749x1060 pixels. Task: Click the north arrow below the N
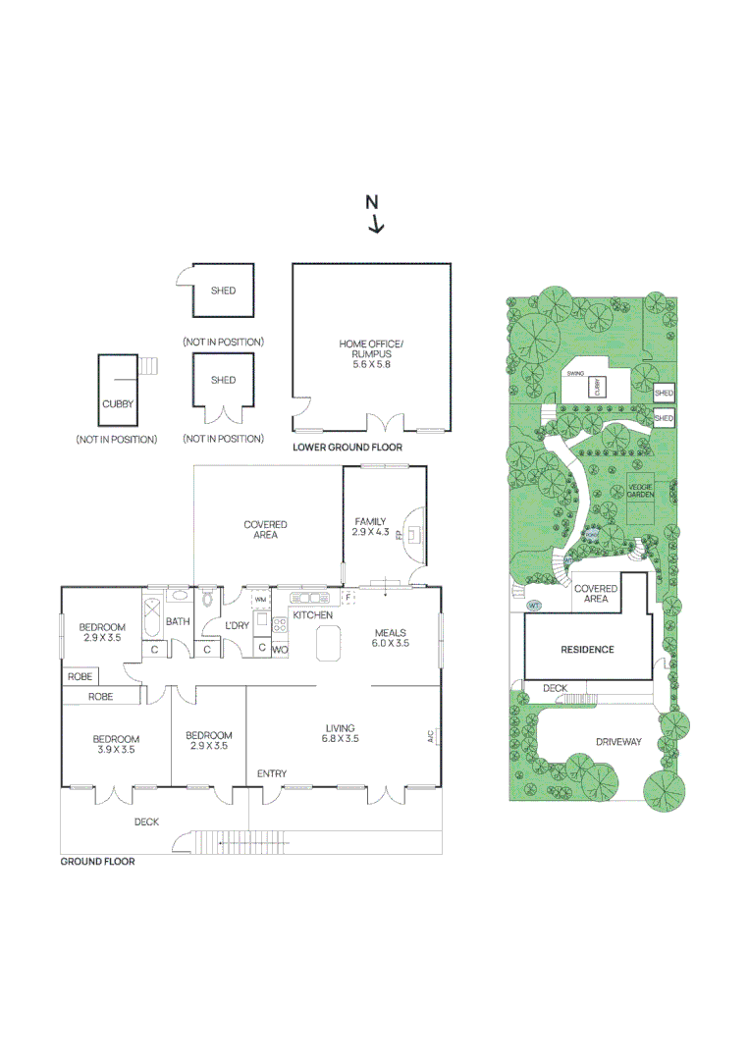click(376, 224)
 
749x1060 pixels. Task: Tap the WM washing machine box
click(260, 599)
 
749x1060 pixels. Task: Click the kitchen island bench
click(327, 645)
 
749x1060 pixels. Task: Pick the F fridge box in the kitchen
click(347, 597)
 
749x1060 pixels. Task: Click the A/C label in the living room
click(430, 735)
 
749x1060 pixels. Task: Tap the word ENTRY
click(272, 774)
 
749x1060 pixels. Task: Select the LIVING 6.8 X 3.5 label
click(340, 733)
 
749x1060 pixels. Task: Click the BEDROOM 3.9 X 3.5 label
click(116, 744)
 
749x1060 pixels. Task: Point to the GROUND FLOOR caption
click(97, 862)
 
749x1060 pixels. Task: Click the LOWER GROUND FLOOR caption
click(348, 447)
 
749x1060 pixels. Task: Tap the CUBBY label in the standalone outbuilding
click(117, 403)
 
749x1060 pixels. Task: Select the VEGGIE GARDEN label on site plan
click(641, 491)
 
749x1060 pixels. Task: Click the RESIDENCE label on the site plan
click(587, 650)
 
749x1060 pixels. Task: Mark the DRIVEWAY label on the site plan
click(617, 742)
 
